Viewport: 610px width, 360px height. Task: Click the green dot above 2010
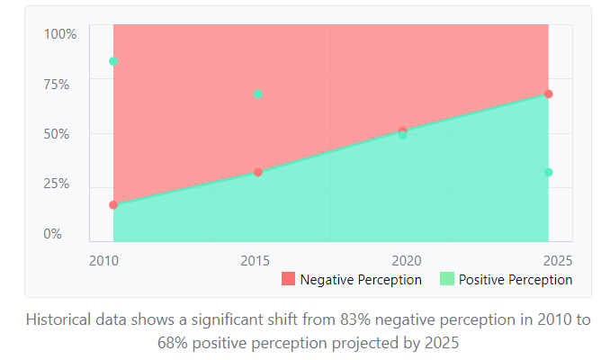pyautogui.click(x=113, y=61)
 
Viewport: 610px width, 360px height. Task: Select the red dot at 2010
pyautogui.click(x=113, y=205)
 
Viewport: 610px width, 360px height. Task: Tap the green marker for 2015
pyautogui.click(x=258, y=94)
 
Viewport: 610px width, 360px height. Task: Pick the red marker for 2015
pyautogui.click(x=258, y=172)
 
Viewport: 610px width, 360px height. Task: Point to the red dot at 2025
pyautogui.click(x=548, y=94)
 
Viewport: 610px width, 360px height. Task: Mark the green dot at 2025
pyautogui.click(x=548, y=172)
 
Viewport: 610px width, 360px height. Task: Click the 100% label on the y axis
pyautogui.click(x=61, y=34)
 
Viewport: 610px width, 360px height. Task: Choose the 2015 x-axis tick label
pyautogui.click(x=256, y=261)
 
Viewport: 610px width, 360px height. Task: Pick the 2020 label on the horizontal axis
pyautogui.click(x=407, y=261)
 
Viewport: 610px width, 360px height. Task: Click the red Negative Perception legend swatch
pyautogui.click(x=288, y=279)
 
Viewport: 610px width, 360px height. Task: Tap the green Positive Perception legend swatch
pyautogui.click(x=446, y=279)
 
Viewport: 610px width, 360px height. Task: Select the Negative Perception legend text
pyautogui.click(x=361, y=280)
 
